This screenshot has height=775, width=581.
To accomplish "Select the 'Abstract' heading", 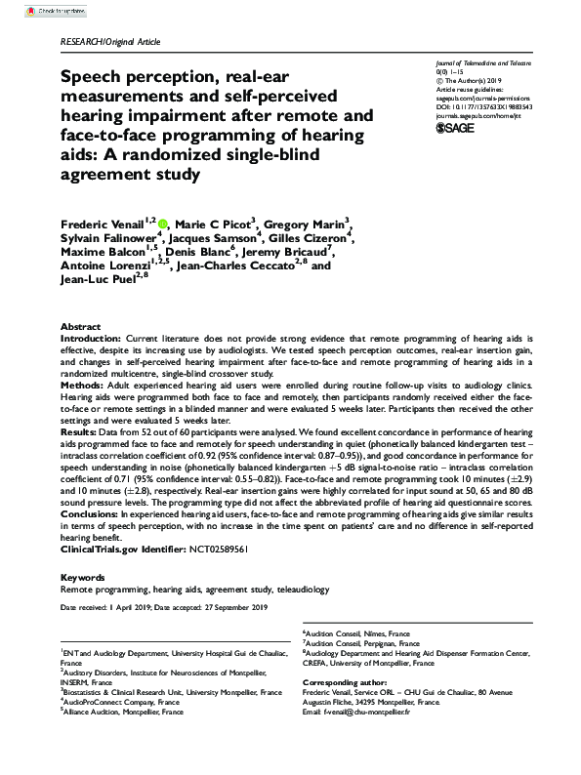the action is click(80, 325).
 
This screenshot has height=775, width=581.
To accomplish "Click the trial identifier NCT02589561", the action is click(194, 548).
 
